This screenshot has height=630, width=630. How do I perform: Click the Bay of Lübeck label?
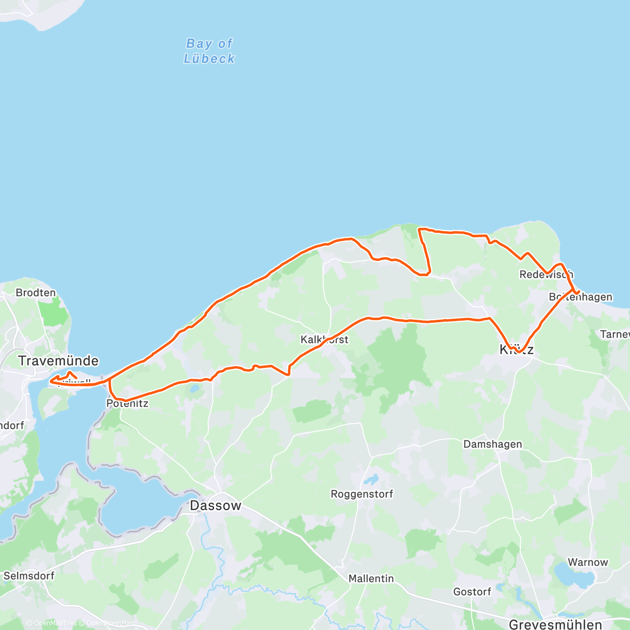click(x=209, y=51)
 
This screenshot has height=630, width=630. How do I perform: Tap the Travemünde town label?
click(x=58, y=361)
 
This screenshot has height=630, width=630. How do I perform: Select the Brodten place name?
click(x=36, y=292)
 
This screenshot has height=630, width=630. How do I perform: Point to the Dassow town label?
click(x=215, y=506)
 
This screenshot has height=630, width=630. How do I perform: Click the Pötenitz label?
click(x=127, y=403)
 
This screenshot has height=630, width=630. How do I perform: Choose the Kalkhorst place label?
click(x=324, y=340)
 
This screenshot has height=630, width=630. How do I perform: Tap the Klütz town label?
click(x=517, y=350)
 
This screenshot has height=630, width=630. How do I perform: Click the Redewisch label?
click(x=546, y=274)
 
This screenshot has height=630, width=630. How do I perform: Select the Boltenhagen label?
click(x=581, y=297)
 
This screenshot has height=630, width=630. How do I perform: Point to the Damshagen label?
click(x=492, y=444)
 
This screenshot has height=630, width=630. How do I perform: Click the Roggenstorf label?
click(x=362, y=494)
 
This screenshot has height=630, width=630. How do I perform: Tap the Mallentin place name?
click(x=371, y=579)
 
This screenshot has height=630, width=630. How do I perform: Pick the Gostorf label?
click(x=472, y=592)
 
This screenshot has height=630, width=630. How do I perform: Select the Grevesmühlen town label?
click(x=555, y=625)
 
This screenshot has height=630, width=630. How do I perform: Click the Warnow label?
click(x=587, y=562)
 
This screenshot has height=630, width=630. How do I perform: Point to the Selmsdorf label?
click(x=29, y=576)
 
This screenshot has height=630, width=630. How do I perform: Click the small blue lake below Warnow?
click(x=574, y=576)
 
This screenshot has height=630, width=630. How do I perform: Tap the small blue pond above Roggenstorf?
click(x=371, y=479)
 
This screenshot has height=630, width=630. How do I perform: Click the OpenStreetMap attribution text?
click(x=110, y=623)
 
